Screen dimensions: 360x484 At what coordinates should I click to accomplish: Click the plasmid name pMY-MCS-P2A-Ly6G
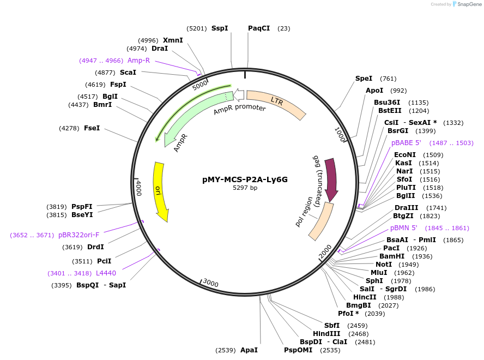pyautogui.click(x=245, y=179)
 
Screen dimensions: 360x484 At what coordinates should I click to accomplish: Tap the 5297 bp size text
pyautogui.click(x=245, y=188)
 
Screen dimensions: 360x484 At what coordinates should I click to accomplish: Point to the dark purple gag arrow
pyautogui.click(x=331, y=177)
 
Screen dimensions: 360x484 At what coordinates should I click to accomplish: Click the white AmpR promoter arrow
pyautogui.click(x=239, y=95)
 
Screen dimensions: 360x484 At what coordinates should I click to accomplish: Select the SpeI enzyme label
pyautogui.click(x=364, y=79)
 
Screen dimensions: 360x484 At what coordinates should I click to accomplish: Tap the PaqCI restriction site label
pyautogui.click(x=259, y=28)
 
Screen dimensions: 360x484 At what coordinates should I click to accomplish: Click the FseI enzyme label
pyautogui.click(x=92, y=128)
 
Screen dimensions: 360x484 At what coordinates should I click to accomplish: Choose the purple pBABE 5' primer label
pyautogui.click(x=406, y=143)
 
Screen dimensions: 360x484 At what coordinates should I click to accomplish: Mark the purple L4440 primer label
pyautogui.click(x=106, y=273)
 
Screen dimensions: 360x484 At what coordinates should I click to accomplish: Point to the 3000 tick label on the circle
pyautogui.click(x=210, y=283)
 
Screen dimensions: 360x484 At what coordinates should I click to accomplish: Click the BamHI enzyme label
pyautogui.click(x=392, y=256)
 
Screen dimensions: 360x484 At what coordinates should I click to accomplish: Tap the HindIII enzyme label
pyautogui.click(x=326, y=334)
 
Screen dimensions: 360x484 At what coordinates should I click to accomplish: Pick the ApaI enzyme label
pyautogui.click(x=249, y=350)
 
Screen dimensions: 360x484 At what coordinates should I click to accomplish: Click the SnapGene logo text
pyautogui.click(x=468, y=4)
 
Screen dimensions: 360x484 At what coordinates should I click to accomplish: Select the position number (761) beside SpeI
pyautogui.click(x=388, y=79)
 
